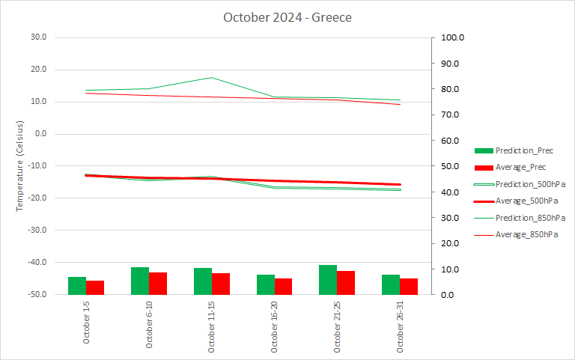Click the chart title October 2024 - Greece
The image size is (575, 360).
coord(287,17)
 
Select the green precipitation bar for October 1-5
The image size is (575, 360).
coord(77,286)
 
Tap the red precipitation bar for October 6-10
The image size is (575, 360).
coord(158,284)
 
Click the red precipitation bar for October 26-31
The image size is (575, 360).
coord(409,287)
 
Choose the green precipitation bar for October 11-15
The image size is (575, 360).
coord(203,281)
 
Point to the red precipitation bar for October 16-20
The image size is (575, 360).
coord(283,287)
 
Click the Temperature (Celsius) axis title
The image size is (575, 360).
coord(21,165)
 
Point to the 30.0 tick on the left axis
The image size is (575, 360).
coord(37,37)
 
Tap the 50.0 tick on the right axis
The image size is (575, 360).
coord(451,166)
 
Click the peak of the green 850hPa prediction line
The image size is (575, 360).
coord(212,77)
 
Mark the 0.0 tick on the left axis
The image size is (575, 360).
coord(40,134)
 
